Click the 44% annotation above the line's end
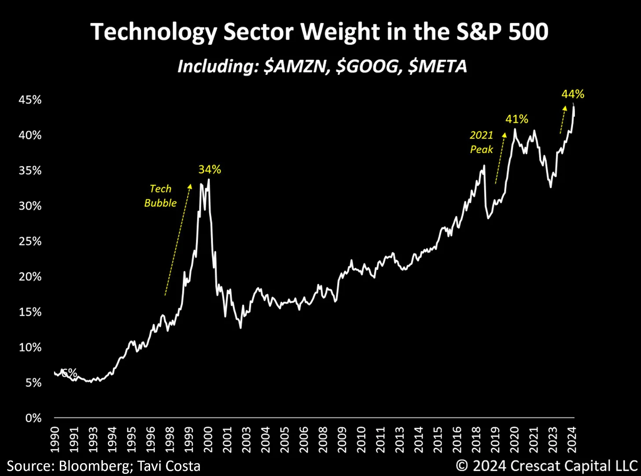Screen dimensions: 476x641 coord(573,94)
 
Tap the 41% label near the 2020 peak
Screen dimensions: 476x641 coord(516,119)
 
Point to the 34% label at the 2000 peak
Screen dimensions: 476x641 coord(210,170)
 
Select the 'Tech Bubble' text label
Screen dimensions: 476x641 coord(160,196)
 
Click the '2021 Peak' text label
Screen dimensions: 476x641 coord(481,142)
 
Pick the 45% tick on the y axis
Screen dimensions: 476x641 coord(30,100)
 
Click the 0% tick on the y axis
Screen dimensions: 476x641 coord(33,418)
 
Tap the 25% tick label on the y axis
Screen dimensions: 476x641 coord(30,241)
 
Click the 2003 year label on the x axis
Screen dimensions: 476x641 coord(247,439)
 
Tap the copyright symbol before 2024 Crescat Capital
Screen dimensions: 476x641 coord(462,466)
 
